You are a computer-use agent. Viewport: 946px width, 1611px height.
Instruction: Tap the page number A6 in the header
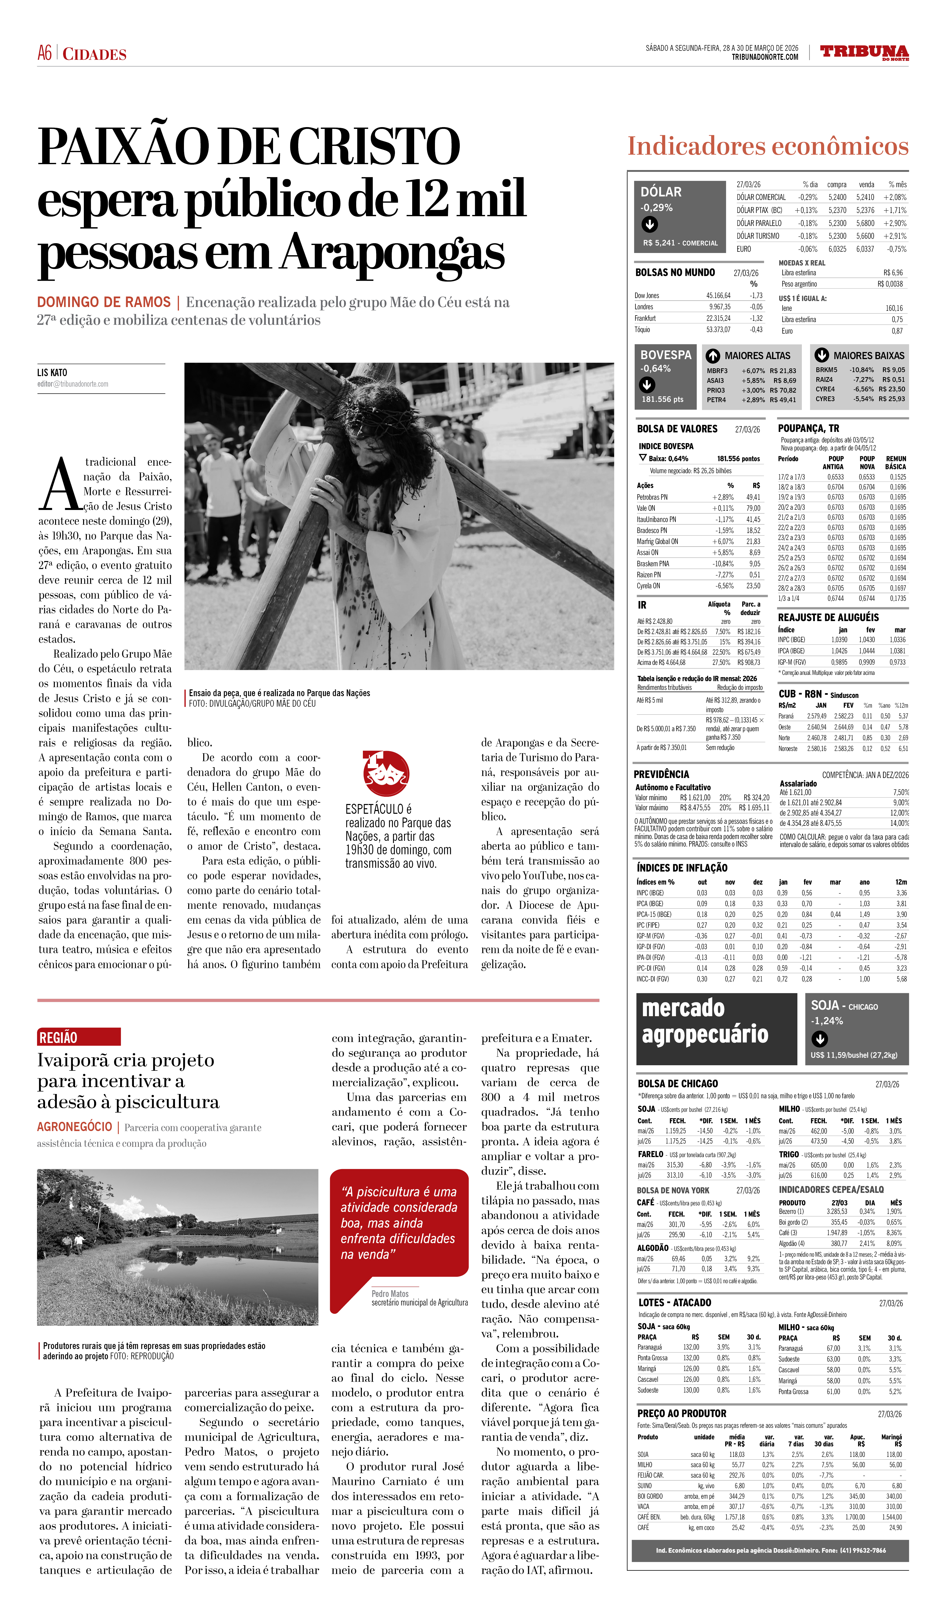pyautogui.click(x=45, y=53)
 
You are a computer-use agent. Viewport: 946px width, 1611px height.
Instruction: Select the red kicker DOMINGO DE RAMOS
pyautogui.click(x=104, y=302)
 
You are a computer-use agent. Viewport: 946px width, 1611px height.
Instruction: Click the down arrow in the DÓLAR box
pyautogui.click(x=649, y=224)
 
